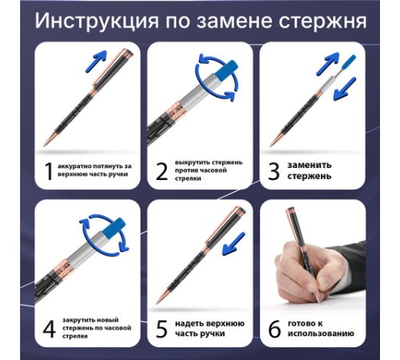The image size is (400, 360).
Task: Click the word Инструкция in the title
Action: click(97, 21)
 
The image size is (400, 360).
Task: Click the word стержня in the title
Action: click(322, 21)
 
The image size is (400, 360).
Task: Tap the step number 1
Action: click(49, 171)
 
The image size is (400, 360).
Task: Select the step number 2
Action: click(162, 171)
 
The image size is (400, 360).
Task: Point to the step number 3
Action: click(274, 171)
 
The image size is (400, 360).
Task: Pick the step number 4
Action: click(50, 329)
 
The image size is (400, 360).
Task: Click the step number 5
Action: click(162, 329)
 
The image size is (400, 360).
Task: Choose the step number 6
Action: click(274, 329)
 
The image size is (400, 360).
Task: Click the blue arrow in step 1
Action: click(96, 61)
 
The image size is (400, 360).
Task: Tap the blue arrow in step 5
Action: click(234, 243)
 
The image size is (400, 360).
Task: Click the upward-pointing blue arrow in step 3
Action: click(328, 64)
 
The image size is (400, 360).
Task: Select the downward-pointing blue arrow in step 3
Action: click(345, 89)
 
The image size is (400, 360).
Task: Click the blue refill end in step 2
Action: click(226, 70)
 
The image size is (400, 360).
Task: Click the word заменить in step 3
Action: click(310, 166)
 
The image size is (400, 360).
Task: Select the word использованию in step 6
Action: click(321, 334)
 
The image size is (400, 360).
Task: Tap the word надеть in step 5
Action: click(189, 324)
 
